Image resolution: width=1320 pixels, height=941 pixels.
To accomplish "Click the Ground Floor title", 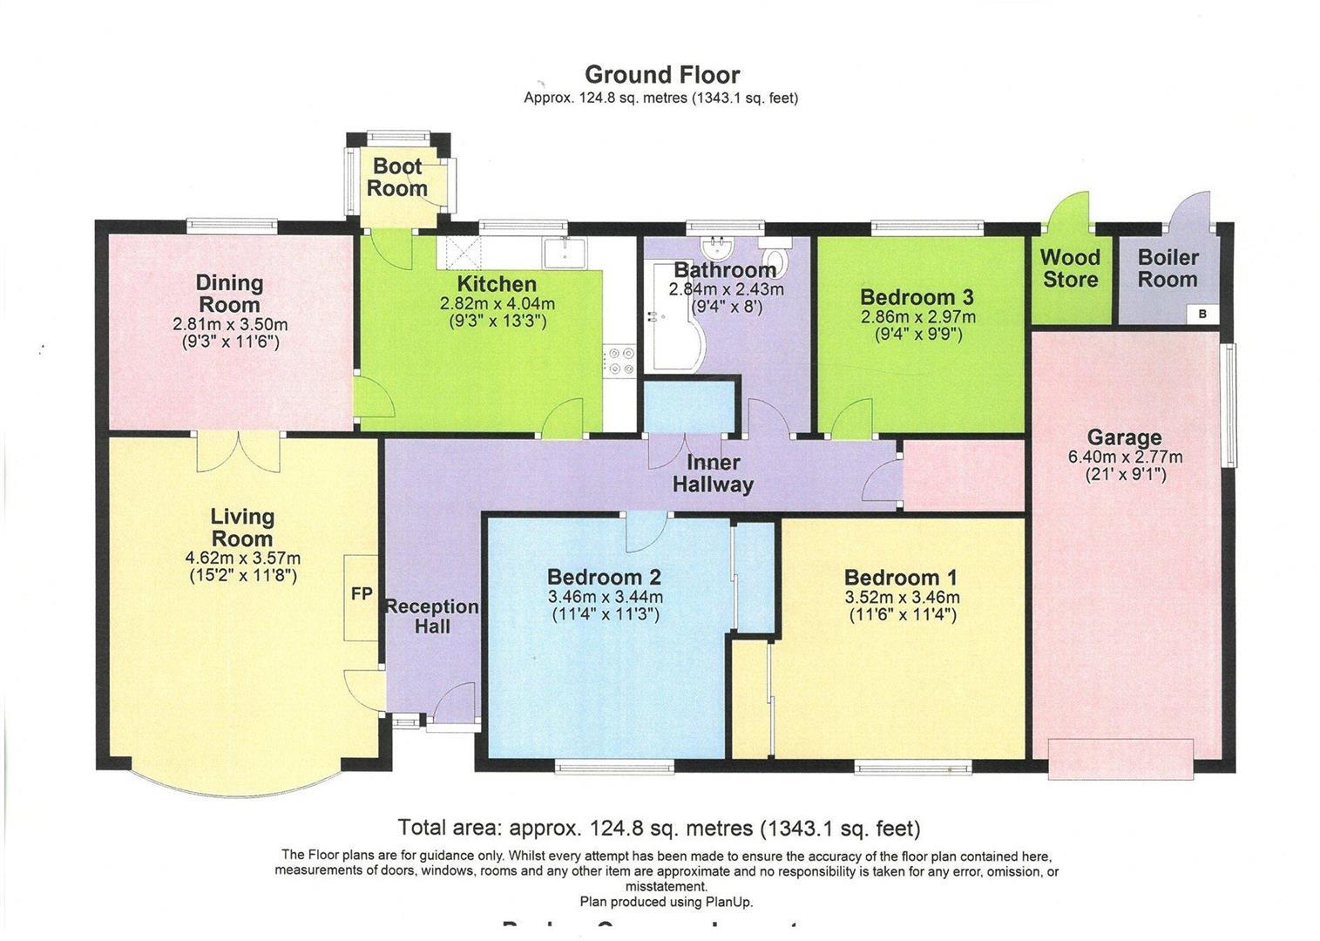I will point(661,75).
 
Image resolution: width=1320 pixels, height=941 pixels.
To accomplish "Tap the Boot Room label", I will point(397,177).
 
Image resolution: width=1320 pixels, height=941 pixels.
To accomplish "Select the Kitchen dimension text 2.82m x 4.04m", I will point(497,304).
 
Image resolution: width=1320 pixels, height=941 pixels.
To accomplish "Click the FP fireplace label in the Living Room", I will point(362,594).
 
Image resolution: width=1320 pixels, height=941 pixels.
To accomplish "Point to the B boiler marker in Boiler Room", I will point(1202,315).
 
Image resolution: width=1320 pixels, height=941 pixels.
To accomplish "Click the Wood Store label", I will point(1070,268).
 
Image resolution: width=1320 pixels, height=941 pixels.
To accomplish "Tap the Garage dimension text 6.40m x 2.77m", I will point(1125,457).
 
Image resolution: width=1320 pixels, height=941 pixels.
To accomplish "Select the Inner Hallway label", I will point(713,473).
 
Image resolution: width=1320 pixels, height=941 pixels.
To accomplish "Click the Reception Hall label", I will point(432,616).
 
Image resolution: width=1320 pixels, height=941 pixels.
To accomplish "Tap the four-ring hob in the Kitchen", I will point(620,361).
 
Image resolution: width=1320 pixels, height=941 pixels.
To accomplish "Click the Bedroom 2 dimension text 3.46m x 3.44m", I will point(605,598).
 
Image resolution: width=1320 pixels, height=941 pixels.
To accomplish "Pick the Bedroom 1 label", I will point(901,578).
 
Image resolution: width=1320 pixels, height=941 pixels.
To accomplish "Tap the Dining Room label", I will point(229,294).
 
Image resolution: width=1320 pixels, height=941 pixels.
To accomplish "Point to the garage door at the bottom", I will point(1120,758).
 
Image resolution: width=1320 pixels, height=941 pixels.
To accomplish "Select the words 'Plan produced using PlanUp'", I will point(666,902).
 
